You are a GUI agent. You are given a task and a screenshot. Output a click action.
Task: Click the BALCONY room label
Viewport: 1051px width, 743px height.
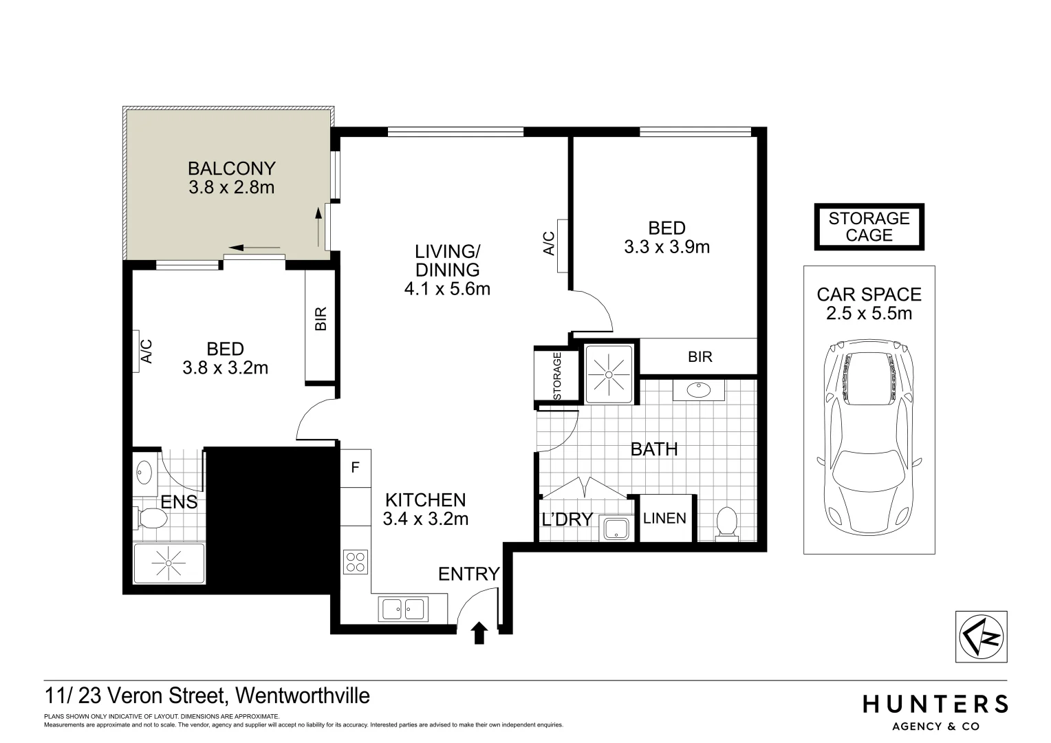coord(232,168)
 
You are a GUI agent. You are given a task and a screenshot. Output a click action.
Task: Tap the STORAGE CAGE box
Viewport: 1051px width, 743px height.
coord(869,227)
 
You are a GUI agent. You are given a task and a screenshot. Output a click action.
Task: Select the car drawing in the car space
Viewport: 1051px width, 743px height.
coord(869,440)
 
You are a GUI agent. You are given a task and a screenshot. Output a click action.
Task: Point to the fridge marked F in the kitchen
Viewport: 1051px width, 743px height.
coord(356,468)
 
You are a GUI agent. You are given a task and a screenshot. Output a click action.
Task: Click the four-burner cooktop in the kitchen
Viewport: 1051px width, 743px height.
coord(356,561)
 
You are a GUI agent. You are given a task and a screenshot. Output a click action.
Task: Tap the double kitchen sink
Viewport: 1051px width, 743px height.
coord(404,609)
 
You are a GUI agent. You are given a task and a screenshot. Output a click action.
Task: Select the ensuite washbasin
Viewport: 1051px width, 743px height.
coord(144,472)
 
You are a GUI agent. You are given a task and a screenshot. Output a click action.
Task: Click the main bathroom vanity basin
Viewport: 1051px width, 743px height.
coord(699,390)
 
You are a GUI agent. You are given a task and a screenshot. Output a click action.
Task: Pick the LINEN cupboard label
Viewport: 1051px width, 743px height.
coord(664,518)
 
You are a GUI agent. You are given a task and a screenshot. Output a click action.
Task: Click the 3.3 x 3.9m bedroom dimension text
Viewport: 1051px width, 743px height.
coord(667,247)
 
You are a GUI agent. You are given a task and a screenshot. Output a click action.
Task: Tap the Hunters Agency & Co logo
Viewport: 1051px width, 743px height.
coord(935,711)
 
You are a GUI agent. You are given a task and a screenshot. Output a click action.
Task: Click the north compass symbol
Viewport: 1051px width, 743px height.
coord(982,636)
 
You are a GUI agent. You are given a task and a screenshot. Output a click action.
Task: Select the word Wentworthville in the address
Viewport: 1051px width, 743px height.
coord(303,696)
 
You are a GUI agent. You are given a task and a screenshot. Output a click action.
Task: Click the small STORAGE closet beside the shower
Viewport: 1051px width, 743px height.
coord(556,376)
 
